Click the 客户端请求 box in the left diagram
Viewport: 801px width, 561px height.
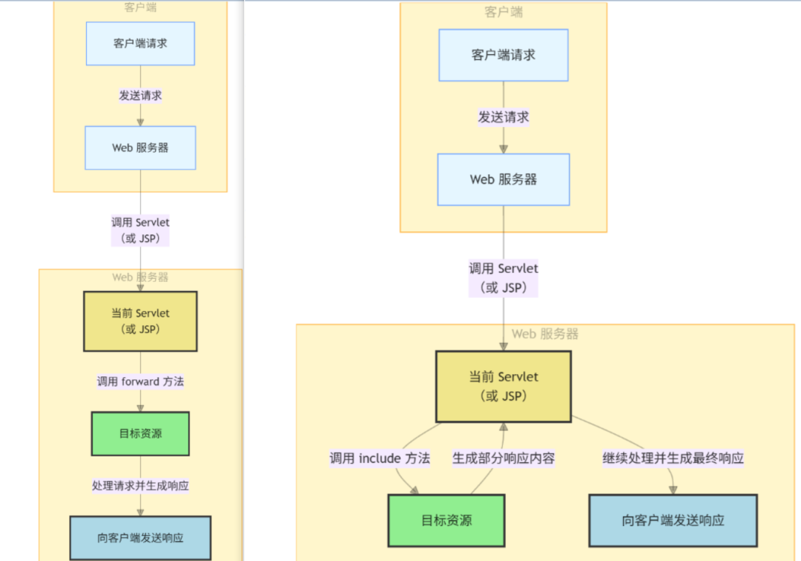140,44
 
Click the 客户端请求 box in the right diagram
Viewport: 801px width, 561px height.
504,55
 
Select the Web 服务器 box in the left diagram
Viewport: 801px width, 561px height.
140,148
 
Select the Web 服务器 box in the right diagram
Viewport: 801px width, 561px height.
504,180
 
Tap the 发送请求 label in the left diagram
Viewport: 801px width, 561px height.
140,96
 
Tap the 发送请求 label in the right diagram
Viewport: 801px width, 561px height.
504,117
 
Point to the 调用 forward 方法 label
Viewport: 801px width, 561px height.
140,381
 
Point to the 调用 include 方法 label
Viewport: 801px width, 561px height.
380,458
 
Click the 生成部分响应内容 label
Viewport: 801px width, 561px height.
504,458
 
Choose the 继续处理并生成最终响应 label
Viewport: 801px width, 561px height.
673,458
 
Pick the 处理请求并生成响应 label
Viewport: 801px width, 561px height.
140,486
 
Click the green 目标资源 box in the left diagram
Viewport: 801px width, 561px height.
140,433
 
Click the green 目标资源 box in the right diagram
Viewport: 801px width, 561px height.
446,520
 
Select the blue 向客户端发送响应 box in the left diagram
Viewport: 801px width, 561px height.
140,538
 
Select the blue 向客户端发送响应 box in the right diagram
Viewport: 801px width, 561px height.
673,520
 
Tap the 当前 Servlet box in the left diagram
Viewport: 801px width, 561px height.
140,321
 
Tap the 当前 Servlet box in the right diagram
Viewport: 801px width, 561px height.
504,386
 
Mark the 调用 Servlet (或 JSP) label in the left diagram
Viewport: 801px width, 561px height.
140,230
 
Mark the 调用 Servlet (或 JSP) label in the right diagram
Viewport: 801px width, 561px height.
504,278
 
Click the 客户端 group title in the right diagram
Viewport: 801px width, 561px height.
504,12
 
